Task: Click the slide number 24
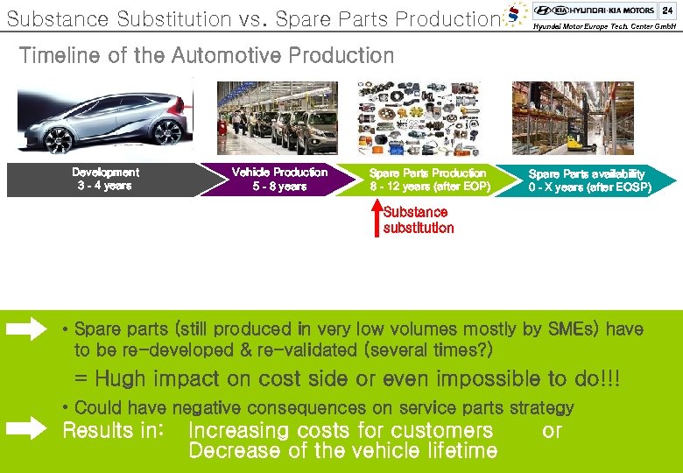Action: pos(667,10)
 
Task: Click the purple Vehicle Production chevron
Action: pos(278,180)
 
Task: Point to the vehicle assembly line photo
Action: pos(277,119)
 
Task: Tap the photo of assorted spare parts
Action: pos(419,119)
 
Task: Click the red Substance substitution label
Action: pos(419,221)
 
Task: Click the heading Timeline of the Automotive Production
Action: pos(207,56)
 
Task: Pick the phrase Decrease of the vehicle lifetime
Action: pos(342,451)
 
